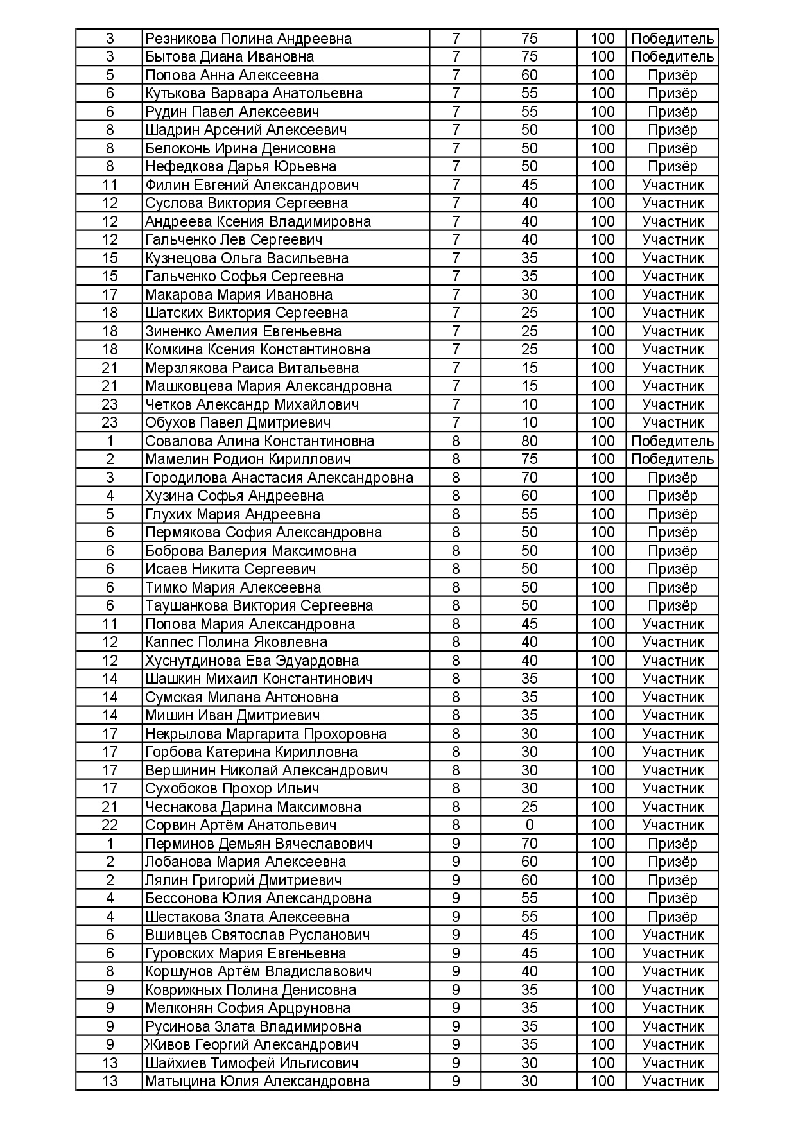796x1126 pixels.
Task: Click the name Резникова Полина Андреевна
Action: click(248, 39)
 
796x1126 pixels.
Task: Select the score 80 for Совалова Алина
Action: click(529, 441)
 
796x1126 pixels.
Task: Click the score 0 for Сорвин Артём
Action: click(529, 825)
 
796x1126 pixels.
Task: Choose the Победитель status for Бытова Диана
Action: click(672, 56)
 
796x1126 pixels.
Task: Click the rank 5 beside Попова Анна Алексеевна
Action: click(110, 75)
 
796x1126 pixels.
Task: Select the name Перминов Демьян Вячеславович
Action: click(259, 844)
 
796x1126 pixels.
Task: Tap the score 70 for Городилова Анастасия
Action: click(529, 478)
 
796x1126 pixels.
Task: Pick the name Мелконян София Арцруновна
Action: click(248, 1008)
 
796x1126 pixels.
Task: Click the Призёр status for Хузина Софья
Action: click(672, 496)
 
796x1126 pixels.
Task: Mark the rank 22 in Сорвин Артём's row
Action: click(110, 825)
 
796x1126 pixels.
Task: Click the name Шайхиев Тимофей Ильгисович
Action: click(252, 1063)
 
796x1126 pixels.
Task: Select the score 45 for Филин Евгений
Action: click(529, 185)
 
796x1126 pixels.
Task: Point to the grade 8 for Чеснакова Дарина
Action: click(456, 807)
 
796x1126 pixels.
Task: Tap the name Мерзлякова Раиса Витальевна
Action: click(252, 368)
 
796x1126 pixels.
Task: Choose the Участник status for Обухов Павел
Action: click(672, 422)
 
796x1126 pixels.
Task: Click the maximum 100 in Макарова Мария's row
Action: click(602, 295)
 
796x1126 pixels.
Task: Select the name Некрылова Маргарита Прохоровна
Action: click(266, 734)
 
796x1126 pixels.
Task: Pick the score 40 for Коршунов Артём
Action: click(529, 971)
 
